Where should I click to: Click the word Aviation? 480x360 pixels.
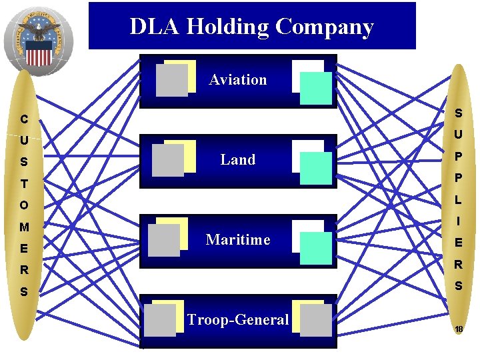point(237,80)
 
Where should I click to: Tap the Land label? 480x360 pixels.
point(238,160)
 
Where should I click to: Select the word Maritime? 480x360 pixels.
point(238,239)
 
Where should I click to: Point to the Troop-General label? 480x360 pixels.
point(238,320)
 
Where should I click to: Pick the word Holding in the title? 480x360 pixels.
point(228,27)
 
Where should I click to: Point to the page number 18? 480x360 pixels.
point(459,329)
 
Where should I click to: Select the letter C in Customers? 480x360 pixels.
point(24,120)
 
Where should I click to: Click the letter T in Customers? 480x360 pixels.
point(24,184)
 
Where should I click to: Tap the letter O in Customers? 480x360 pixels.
point(24,205)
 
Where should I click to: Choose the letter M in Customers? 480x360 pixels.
point(24,227)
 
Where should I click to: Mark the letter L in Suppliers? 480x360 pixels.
point(459,199)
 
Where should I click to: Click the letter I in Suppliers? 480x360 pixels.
point(459,221)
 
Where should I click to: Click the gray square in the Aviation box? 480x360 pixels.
point(171,81)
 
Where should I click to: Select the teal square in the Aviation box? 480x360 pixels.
point(315,89)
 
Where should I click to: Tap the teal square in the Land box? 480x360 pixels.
point(315,169)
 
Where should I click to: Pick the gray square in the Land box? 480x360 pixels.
point(167,161)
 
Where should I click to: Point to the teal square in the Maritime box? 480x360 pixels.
point(315,249)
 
